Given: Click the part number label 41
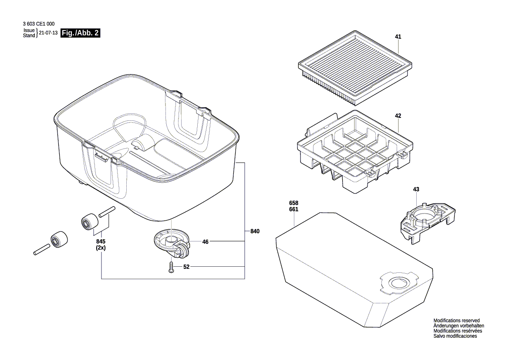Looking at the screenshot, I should coord(398,37).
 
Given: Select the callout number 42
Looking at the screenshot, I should coord(398,115).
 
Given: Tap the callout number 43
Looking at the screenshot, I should coord(416,189).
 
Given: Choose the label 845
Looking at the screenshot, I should coord(101,241).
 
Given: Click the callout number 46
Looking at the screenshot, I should coord(206,241).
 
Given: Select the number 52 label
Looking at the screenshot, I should coord(186,267).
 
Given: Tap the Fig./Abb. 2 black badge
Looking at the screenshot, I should coord(81,33).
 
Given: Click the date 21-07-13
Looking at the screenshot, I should coord(48,33).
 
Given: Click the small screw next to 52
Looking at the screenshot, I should coord(171,267).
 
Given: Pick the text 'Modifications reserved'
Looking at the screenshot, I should coord(456,320).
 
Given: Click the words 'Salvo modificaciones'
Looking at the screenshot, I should coord(455,336).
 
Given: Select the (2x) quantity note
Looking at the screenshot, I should coord(101,248).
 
